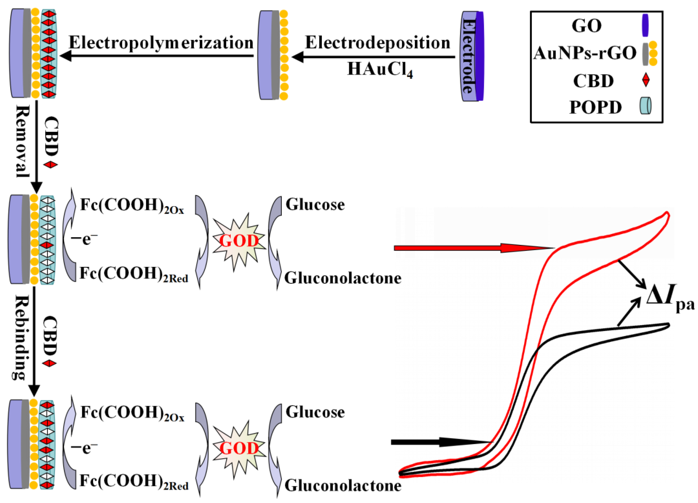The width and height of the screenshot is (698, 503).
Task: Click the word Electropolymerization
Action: pos(161,42)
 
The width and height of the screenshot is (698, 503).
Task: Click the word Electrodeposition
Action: pos(378,42)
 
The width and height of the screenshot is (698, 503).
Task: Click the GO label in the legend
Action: pos(587,26)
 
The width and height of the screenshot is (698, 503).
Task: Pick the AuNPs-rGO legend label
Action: pos(585,53)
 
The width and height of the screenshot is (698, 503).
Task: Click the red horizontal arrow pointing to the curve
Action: pos(471,248)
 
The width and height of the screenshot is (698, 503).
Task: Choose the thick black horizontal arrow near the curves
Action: pos(440,442)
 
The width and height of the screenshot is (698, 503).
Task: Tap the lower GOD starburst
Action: pos(239,448)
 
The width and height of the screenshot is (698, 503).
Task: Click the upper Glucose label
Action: pos(315,204)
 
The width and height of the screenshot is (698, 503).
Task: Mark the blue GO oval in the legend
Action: pos(645,25)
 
